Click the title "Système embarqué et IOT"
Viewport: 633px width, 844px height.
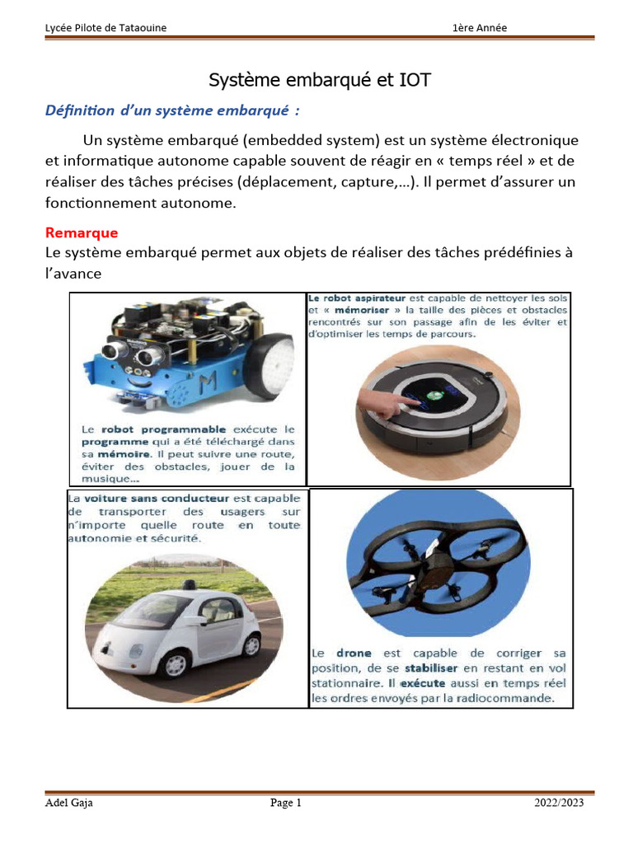tap(319, 80)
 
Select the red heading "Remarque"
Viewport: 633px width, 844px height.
tap(82, 232)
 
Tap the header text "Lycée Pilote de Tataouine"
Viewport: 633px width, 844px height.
tap(105, 28)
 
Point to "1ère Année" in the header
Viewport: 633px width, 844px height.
tap(480, 28)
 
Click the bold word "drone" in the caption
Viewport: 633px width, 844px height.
tap(354, 653)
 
